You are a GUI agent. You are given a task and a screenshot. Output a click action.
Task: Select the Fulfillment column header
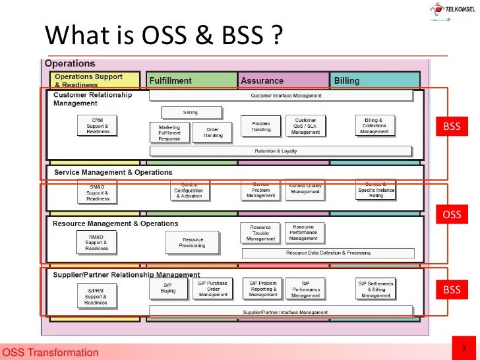pyautogui.click(x=170, y=81)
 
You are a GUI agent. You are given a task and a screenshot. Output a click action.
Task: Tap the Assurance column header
pyautogui.click(x=262, y=81)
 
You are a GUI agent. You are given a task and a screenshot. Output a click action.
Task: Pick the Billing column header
pyautogui.click(x=347, y=81)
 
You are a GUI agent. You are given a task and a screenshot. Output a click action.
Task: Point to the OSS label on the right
pyautogui.click(x=452, y=214)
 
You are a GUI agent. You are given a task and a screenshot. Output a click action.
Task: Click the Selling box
pyautogui.click(x=190, y=112)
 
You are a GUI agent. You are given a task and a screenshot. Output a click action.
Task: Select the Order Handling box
pyautogui.click(x=213, y=133)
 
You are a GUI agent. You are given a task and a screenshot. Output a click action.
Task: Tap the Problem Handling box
pyautogui.click(x=261, y=126)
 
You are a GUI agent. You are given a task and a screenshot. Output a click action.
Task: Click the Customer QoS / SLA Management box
pyautogui.click(x=305, y=126)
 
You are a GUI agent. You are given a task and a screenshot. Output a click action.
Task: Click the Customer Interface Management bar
pyautogui.click(x=286, y=96)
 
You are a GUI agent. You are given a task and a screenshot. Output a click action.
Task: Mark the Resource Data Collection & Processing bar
pyautogui.click(x=328, y=253)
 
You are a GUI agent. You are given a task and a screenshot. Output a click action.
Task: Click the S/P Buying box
pyautogui.click(x=168, y=287)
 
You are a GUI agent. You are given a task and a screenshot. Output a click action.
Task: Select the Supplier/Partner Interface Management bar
pyautogui.click(x=285, y=312)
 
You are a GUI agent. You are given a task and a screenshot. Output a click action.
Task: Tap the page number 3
pyautogui.click(x=465, y=348)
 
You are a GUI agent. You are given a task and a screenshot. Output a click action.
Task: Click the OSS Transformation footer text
pyautogui.click(x=50, y=353)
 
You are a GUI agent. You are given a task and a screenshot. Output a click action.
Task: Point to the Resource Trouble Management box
pyautogui.click(x=260, y=233)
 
